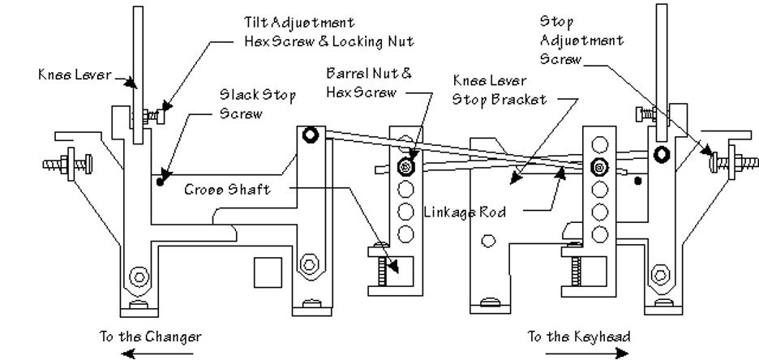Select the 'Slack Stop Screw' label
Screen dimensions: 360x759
257,105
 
